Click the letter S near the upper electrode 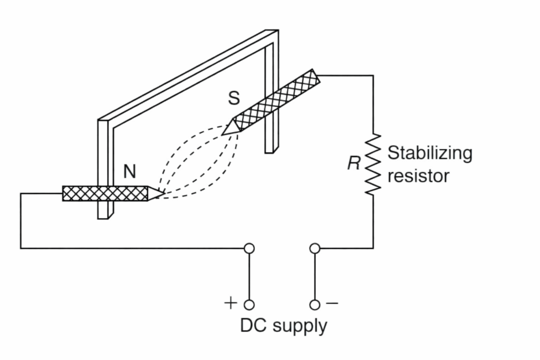click(x=234, y=98)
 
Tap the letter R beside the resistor click(x=353, y=164)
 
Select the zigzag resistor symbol click(x=373, y=164)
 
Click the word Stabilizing click(x=430, y=153)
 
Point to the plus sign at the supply click(x=230, y=303)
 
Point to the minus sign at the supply click(x=332, y=303)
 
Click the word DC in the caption click(x=253, y=325)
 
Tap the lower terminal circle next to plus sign click(x=249, y=305)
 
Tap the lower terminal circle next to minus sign click(x=315, y=305)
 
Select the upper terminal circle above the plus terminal click(x=249, y=248)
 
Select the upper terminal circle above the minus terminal click(x=315, y=248)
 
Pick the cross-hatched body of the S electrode click(x=277, y=100)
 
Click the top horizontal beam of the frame click(x=190, y=74)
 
